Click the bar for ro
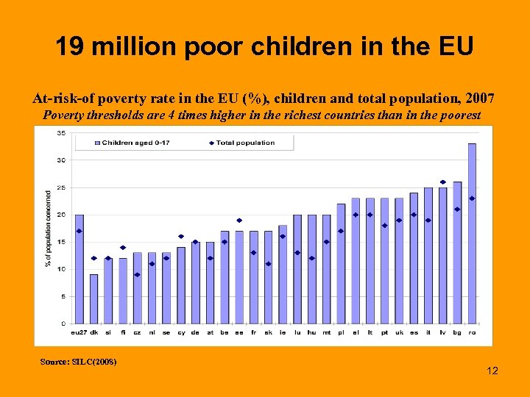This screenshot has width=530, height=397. (x=472, y=233)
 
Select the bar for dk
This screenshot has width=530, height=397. (x=93, y=298)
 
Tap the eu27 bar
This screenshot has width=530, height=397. (x=79, y=269)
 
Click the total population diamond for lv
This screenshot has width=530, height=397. (x=442, y=182)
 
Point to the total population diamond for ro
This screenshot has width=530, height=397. (x=472, y=198)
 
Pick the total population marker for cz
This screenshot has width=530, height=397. (x=137, y=274)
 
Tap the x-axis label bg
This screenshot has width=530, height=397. (x=457, y=332)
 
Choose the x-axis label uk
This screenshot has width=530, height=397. (x=399, y=332)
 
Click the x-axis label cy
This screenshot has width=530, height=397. (x=180, y=332)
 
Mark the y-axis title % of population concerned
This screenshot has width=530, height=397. (x=49, y=229)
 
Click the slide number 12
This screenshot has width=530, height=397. (x=492, y=371)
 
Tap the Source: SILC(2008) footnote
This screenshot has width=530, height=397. (x=79, y=361)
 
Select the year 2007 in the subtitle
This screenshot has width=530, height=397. (x=484, y=97)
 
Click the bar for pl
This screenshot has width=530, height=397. (x=341, y=263)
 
